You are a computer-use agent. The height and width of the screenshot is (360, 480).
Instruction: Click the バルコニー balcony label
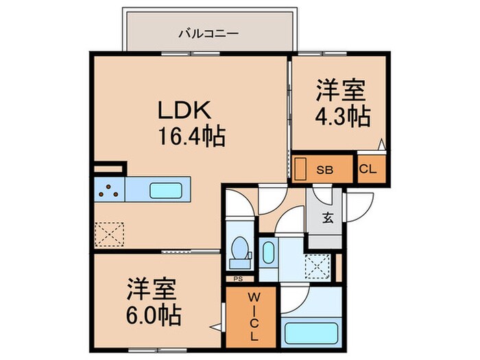click(x=208, y=32)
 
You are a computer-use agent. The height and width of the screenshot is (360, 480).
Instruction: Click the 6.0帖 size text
click(x=153, y=315)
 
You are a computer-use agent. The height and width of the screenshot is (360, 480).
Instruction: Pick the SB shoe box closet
click(x=324, y=170)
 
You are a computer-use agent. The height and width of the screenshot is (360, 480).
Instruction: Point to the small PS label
click(x=238, y=279)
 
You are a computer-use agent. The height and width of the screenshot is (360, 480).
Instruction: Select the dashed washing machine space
click(x=315, y=264)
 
